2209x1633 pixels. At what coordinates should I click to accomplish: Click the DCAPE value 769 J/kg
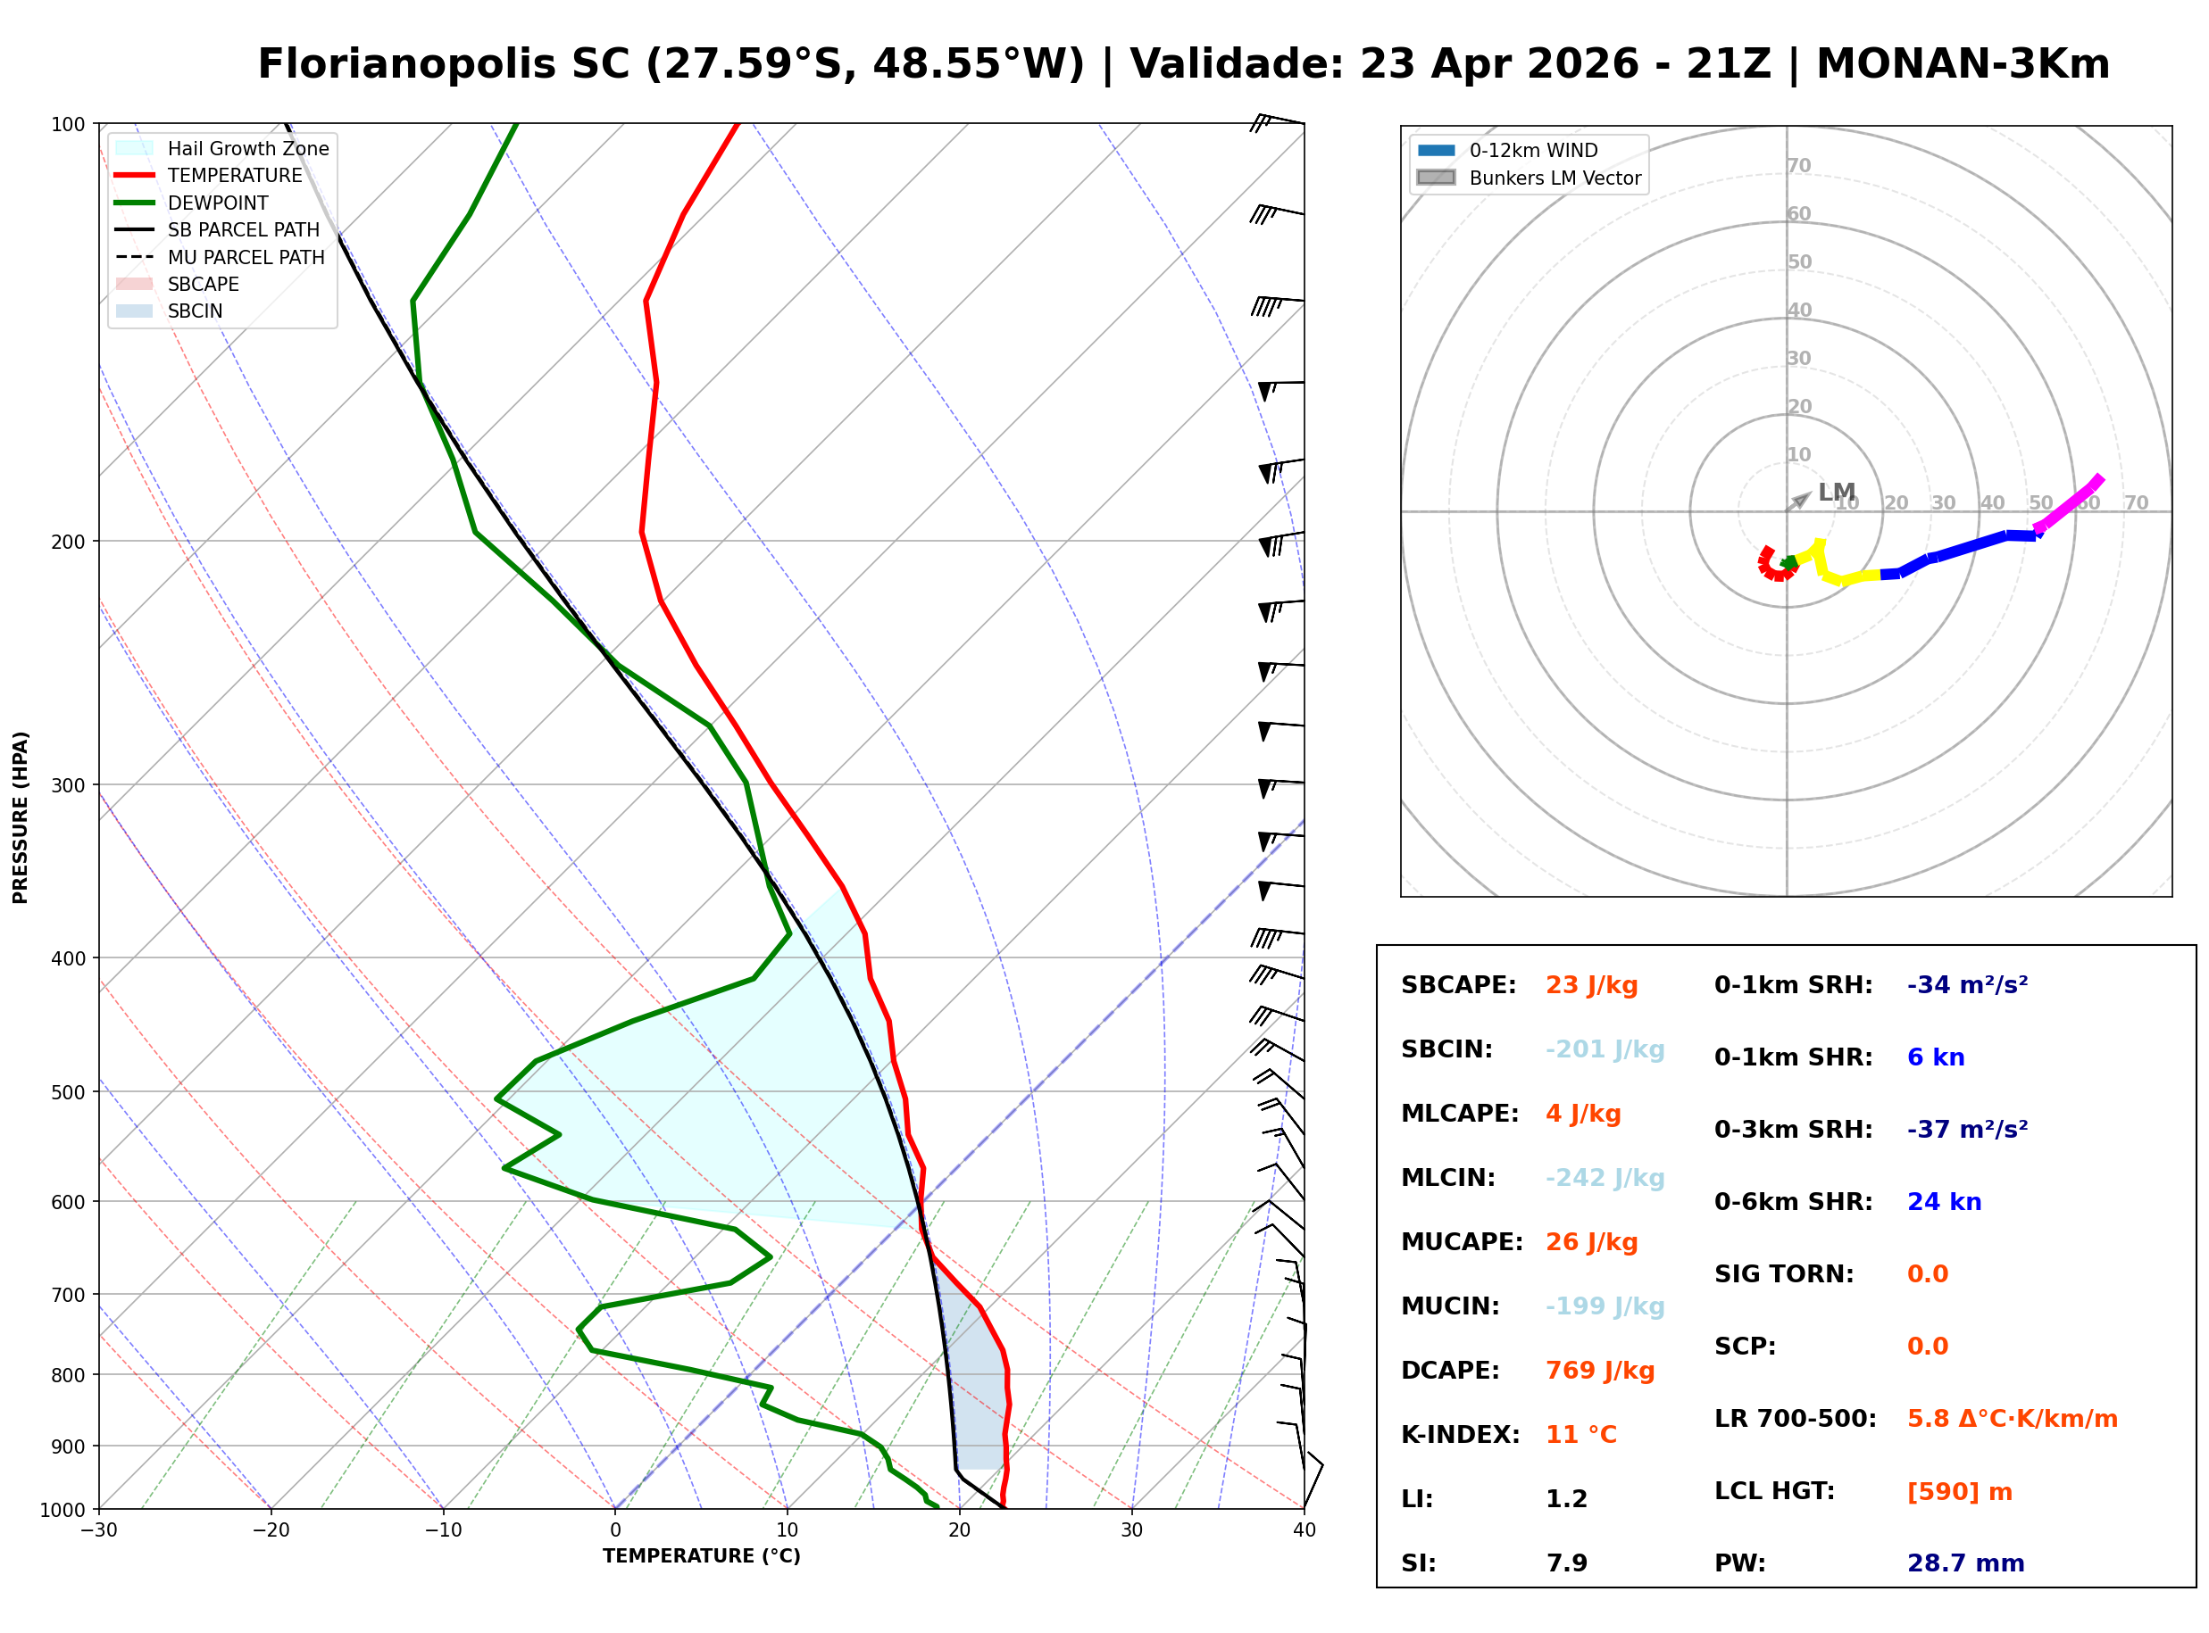click(1599, 1370)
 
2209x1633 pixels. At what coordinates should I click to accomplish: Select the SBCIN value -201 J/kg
click(1604, 1049)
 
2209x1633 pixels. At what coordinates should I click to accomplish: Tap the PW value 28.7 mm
click(1964, 1563)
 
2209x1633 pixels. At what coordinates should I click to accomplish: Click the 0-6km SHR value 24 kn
click(1943, 1202)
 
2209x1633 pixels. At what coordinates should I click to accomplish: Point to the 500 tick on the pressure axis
click(68, 1092)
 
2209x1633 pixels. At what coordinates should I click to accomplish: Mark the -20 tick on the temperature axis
click(271, 1530)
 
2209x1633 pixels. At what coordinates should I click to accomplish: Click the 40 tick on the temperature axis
click(1304, 1530)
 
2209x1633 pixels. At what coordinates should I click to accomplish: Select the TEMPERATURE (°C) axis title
click(701, 1556)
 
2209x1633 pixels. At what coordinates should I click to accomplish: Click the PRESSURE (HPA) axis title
click(21, 816)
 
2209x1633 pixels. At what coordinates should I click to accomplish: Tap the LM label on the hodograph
click(1835, 492)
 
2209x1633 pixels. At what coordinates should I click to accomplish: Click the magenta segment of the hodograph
click(2068, 505)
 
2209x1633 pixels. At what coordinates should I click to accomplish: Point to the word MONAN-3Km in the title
click(1963, 64)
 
